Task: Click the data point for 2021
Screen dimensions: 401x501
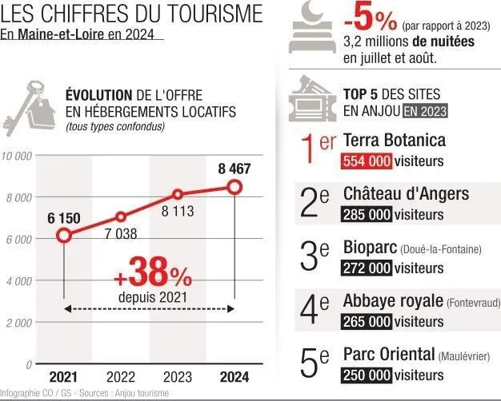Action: (63, 236)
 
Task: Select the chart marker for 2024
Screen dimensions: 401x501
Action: (234, 187)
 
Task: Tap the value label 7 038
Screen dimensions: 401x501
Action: (121, 234)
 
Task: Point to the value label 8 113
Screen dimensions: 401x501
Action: (178, 212)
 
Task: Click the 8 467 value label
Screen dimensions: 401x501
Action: (234, 169)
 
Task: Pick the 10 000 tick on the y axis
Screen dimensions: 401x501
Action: (17, 156)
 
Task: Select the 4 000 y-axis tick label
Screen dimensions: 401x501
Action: (18, 281)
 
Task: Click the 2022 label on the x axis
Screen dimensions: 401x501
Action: (121, 377)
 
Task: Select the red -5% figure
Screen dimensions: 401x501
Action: (371, 19)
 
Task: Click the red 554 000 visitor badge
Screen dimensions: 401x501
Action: (367, 161)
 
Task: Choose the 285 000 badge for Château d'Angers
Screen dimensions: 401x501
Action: (367, 215)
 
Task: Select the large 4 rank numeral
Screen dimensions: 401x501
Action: (310, 309)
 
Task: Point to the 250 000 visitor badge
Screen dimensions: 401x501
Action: (367, 375)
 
